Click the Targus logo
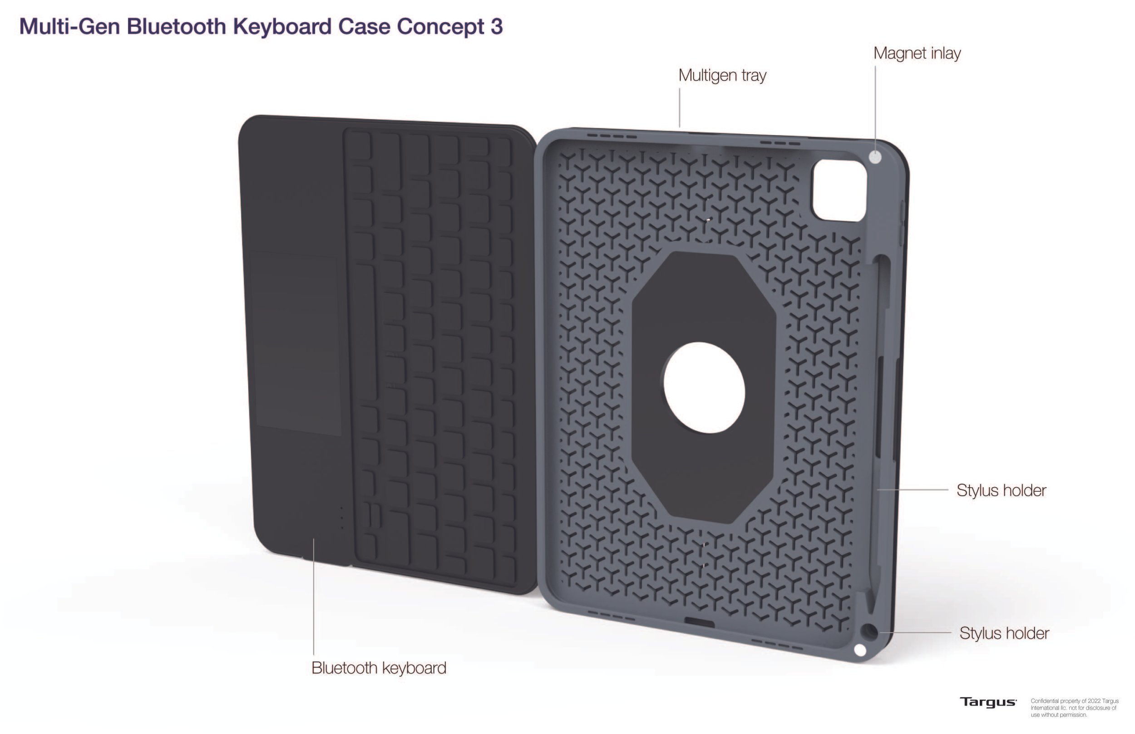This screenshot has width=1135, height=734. point(987,702)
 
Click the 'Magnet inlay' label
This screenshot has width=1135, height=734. point(917,54)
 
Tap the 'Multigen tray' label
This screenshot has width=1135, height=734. point(722,75)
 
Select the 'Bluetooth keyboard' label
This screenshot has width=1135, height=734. point(379,668)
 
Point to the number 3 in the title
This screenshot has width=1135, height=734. point(496,26)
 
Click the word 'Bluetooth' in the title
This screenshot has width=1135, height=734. point(176,26)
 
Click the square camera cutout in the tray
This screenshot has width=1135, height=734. point(839,190)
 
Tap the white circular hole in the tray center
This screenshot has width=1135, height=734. point(704,387)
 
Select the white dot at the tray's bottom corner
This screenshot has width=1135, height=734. point(860,650)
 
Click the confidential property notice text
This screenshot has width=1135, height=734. point(1074,708)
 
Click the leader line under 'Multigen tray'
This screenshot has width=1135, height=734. point(680,108)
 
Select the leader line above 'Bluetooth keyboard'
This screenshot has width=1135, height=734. point(313,596)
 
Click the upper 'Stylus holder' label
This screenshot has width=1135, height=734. point(1001,490)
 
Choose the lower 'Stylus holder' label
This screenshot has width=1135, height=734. point(1004,633)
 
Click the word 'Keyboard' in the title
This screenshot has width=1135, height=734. point(282,26)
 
